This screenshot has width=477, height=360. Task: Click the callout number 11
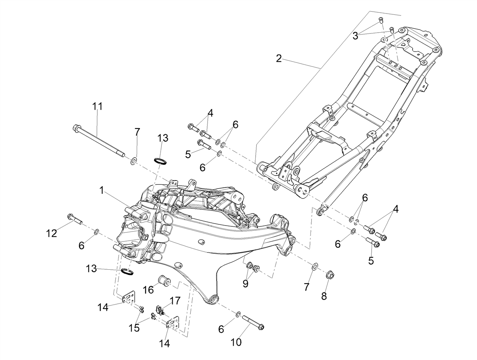97,107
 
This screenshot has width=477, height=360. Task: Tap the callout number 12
52,234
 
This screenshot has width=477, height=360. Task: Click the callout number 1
101,190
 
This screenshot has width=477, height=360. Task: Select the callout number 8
324,296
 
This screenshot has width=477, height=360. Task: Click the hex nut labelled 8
330,275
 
